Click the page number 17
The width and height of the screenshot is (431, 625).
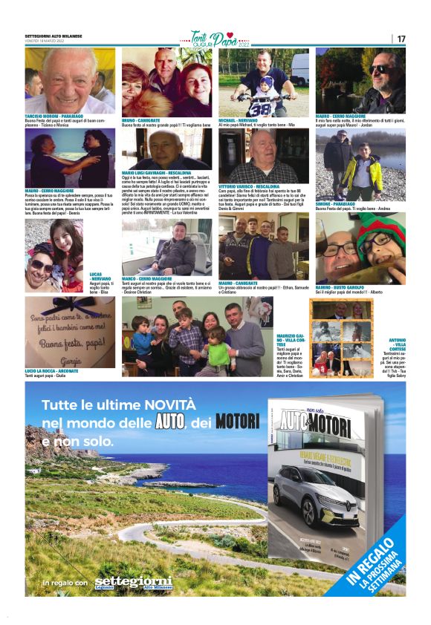401,39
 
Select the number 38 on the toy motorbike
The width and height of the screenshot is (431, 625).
258,109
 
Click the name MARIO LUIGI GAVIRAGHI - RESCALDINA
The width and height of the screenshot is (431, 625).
156,172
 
